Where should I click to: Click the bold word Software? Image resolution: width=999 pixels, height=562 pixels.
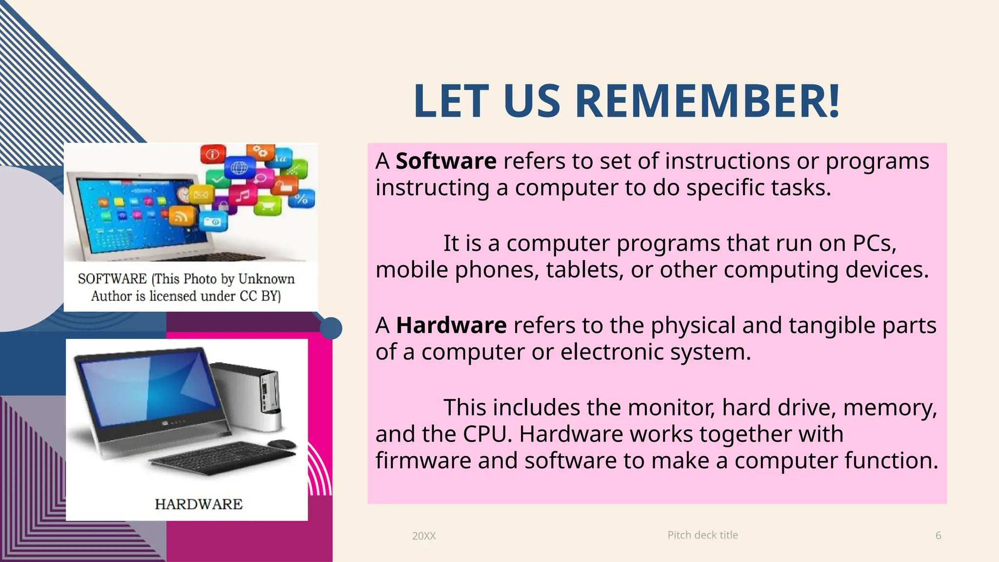(x=446, y=161)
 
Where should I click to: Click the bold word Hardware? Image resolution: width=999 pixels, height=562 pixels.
(x=451, y=325)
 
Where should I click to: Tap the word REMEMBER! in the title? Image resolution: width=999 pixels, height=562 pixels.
(x=707, y=101)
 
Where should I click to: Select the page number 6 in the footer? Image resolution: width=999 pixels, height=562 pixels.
(x=938, y=535)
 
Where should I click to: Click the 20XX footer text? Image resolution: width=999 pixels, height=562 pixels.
(x=423, y=536)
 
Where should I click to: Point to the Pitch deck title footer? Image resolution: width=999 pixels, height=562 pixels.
(x=702, y=535)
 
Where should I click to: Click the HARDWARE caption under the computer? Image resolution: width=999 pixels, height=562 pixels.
(x=199, y=504)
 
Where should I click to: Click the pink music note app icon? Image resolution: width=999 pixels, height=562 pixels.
(x=242, y=196)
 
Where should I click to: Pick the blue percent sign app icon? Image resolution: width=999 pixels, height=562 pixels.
(x=301, y=199)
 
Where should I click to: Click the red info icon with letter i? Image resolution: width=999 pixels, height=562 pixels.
(x=213, y=154)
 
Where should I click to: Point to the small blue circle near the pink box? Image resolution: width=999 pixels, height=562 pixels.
(x=331, y=328)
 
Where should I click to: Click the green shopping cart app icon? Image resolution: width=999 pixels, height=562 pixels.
(x=268, y=205)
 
